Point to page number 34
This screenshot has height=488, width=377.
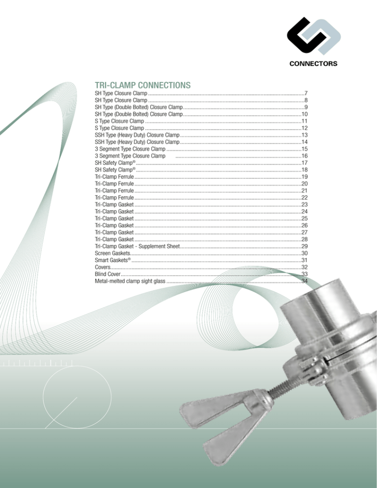point(304,281)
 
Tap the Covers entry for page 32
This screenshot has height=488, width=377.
point(102,267)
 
